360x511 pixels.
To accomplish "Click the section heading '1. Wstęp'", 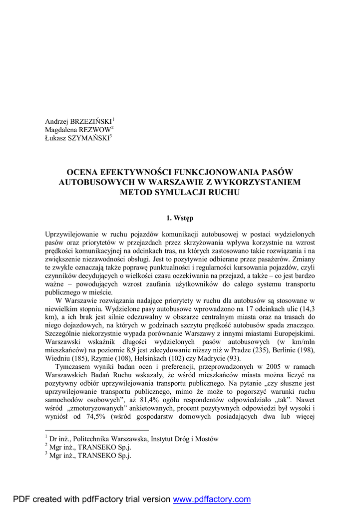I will point(180,218).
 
